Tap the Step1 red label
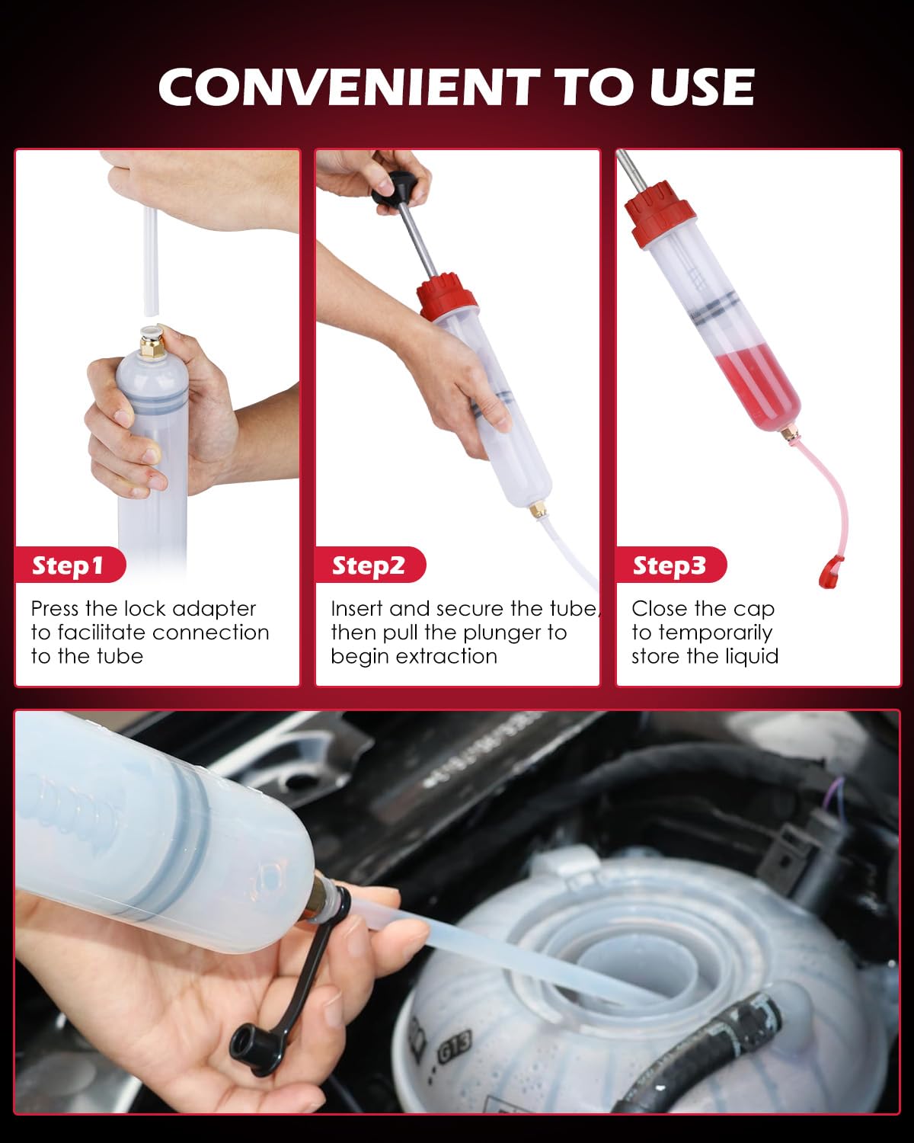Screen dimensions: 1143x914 pyautogui.click(x=68, y=565)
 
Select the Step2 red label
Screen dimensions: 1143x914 pyautogui.click(x=369, y=565)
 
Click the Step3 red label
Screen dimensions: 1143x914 pyautogui.click(x=670, y=565)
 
